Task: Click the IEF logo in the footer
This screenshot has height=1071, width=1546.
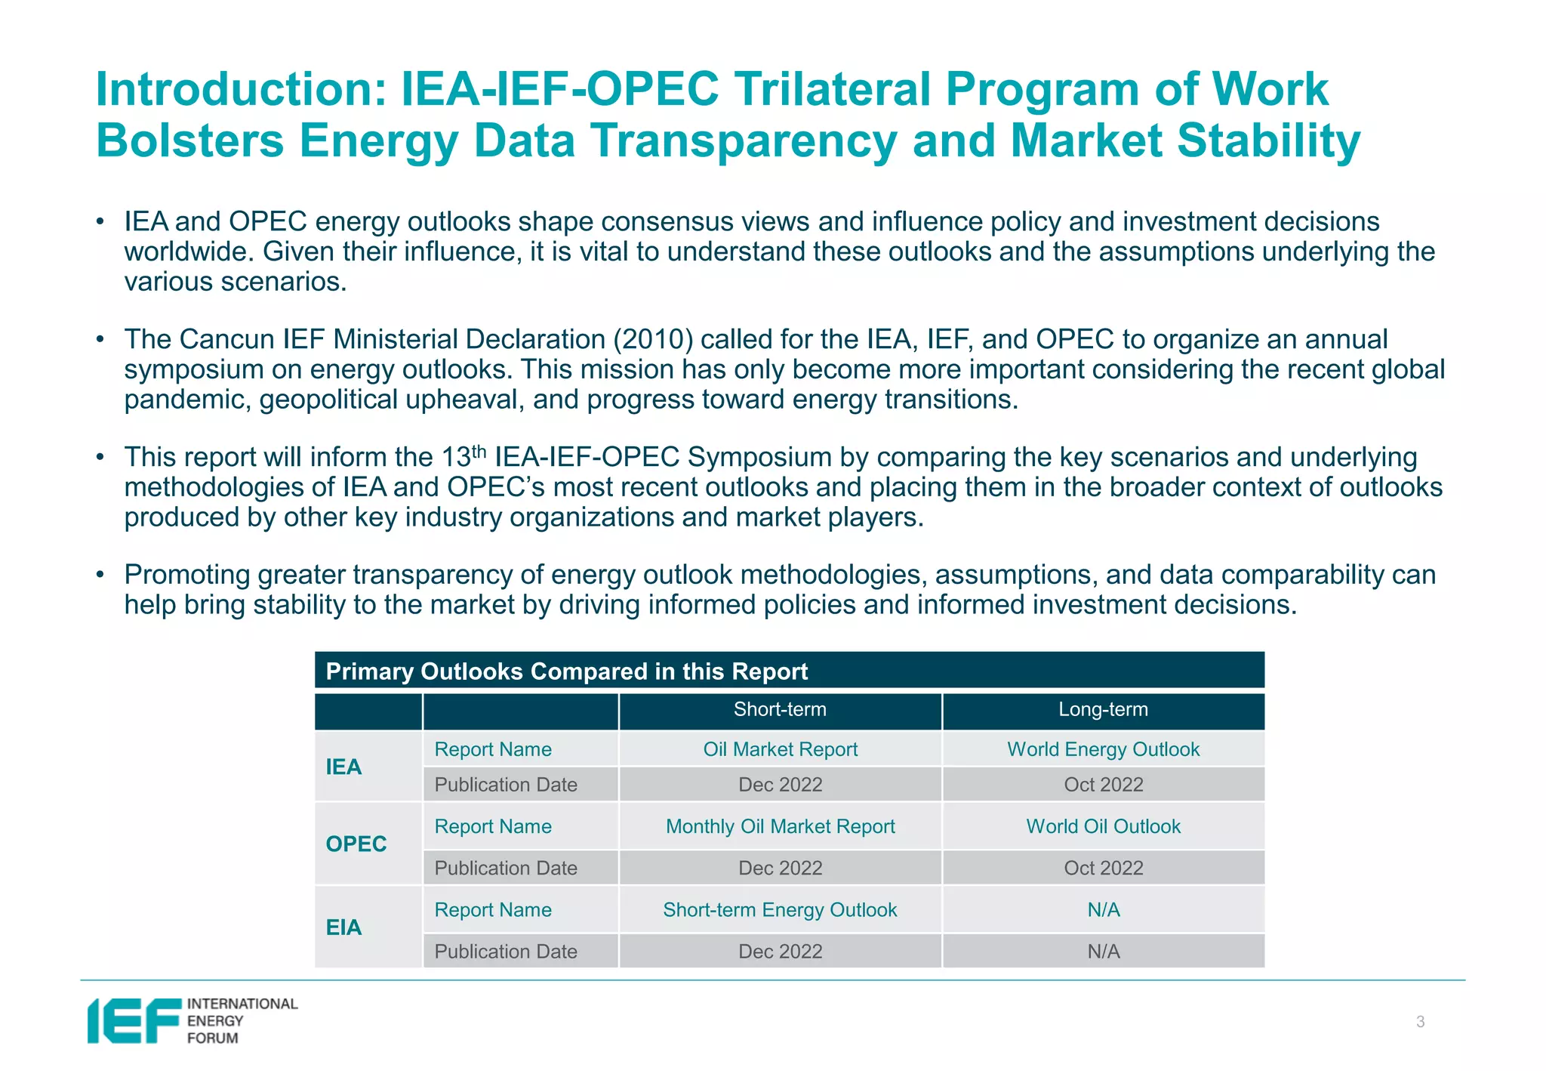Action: point(192,1020)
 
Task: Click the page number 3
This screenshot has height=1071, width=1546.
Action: point(1420,1022)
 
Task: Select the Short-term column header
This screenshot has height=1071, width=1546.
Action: point(780,710)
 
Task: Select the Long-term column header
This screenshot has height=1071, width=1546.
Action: point(1103,710)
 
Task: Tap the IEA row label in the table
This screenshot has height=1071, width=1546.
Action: point(343,767)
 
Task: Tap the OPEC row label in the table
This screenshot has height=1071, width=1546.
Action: point(356,844)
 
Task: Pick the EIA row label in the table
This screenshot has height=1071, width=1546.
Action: point(343,927)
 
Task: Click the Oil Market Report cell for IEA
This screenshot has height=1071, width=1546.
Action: point(780,749)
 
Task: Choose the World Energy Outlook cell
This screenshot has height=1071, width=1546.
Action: point(1103,749)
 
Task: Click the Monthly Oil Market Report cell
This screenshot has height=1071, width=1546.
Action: point(780,826)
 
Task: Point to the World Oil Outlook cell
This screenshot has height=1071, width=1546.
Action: point(1103,826)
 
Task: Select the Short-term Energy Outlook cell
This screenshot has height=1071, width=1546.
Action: point(780,910)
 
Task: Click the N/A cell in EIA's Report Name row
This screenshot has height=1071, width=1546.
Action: point(1103,910)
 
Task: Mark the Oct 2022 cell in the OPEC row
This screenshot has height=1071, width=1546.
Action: point(1103,868)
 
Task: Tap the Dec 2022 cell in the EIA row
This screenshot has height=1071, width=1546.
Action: point(780,952)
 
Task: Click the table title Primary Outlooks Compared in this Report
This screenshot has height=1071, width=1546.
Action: point(566,671)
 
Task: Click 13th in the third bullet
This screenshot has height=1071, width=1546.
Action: point(463,456)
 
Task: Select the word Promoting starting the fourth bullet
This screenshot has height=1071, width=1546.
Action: point(186,575)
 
